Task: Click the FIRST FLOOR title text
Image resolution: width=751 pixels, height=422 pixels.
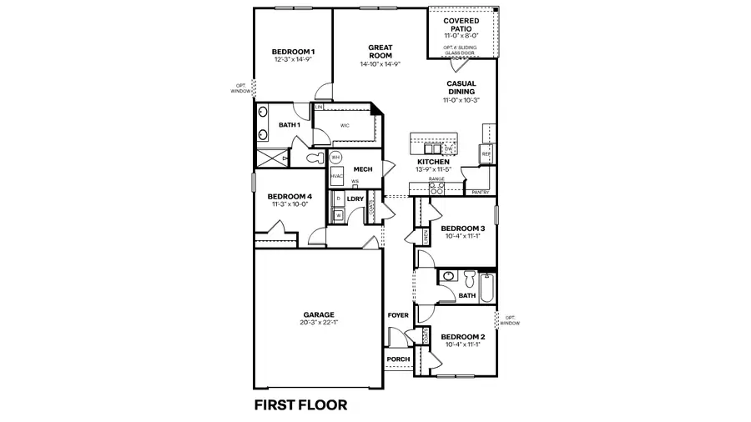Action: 300,405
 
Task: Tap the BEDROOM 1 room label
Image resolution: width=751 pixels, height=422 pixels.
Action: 293,53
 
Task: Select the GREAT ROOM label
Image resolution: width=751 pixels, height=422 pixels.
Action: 380,51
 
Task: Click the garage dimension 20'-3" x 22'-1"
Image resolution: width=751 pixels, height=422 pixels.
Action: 319,323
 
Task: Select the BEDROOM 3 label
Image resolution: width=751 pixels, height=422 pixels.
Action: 462,229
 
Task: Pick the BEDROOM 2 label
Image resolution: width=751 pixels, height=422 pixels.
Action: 462,337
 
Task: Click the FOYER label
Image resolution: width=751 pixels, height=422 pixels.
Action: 398,315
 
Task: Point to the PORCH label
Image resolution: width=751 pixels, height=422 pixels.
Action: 398,359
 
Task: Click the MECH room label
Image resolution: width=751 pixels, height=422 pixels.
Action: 362,169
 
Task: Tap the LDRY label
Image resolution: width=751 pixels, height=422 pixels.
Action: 355,198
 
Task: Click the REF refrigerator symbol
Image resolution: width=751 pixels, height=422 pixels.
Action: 486,153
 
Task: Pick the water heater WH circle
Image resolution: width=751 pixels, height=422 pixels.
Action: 336,157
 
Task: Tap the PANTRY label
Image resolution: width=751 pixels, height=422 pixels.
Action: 480,193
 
